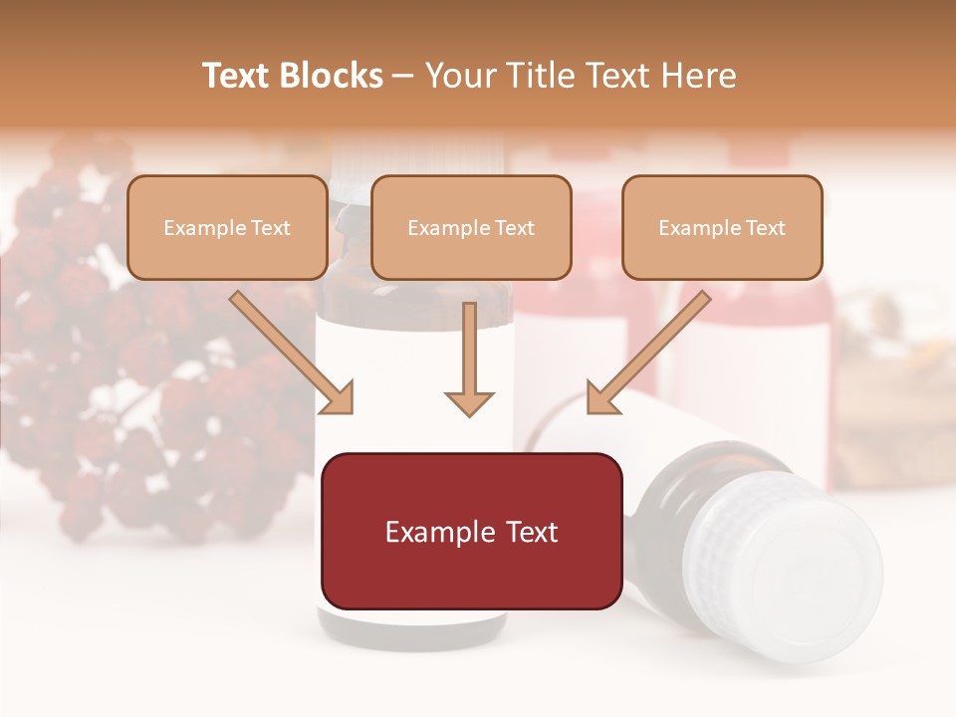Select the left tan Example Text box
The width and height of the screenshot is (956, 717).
coord(227,227)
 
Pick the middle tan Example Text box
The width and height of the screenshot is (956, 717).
coord(471,227)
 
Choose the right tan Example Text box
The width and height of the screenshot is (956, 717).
coord(722,227)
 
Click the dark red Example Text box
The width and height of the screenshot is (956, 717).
coord(471,531)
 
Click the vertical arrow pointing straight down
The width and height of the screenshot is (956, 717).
coord(469,358)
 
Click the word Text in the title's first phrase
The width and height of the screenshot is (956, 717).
coord(237,76)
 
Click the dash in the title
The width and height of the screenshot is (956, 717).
coord(403,77)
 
